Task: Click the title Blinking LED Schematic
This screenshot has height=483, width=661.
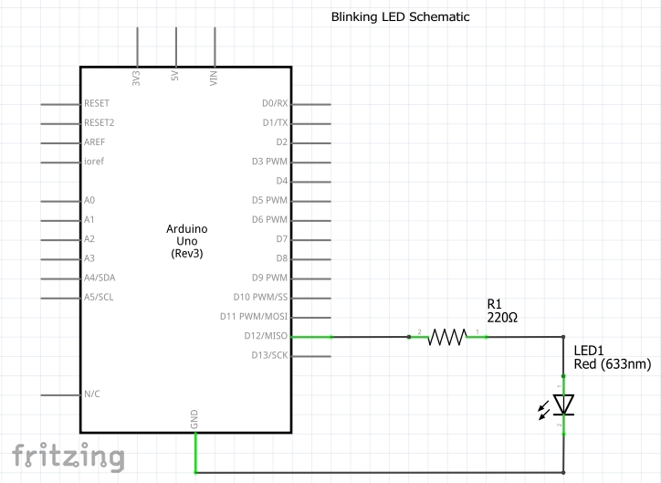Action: pyautogui.click(x=401, y=17)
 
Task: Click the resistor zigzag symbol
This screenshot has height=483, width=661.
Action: pyautogui.click(x=447, y=337)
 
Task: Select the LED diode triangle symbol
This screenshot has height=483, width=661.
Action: pyautogui.click(x=563, y=404)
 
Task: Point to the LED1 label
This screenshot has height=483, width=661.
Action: pyautogui.click(x=589, y=351)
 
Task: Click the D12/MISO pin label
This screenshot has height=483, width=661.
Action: pyautogui.click(x=266, y=336)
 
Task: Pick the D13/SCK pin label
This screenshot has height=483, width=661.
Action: pyautogui.click(x=268, y=355)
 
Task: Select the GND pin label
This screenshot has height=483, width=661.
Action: pyautogui.click(x=194, y=419)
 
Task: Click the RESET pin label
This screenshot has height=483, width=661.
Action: pyautogui.click(x=97, y=103)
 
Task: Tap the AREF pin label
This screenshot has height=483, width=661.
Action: pyautogui.click(x=94, y=142)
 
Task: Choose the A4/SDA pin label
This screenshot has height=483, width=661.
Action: pyautogui.click(x=99, y=278)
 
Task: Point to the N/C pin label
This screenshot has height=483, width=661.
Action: pyautogui.click(x=92, y=394)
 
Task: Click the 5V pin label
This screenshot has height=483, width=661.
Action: pyautogui.click(x=175, y=77)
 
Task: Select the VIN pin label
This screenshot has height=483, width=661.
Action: pyautogui.click(x=215, y=77)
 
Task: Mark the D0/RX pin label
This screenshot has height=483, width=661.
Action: pyautogui.click(x=274, y=103)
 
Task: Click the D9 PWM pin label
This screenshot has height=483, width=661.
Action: pyautogui.click(x=269, y=278)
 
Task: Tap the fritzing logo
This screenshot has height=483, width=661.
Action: pyautogui.click(x=68, y=455)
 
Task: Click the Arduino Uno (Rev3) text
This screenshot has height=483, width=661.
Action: pyautogui.click(x=187, y=240)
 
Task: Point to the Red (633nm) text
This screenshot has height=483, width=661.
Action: pyautogui.click(x=613, y=364)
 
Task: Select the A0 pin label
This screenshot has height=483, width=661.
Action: pyautogui.click(x=89, y=200)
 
